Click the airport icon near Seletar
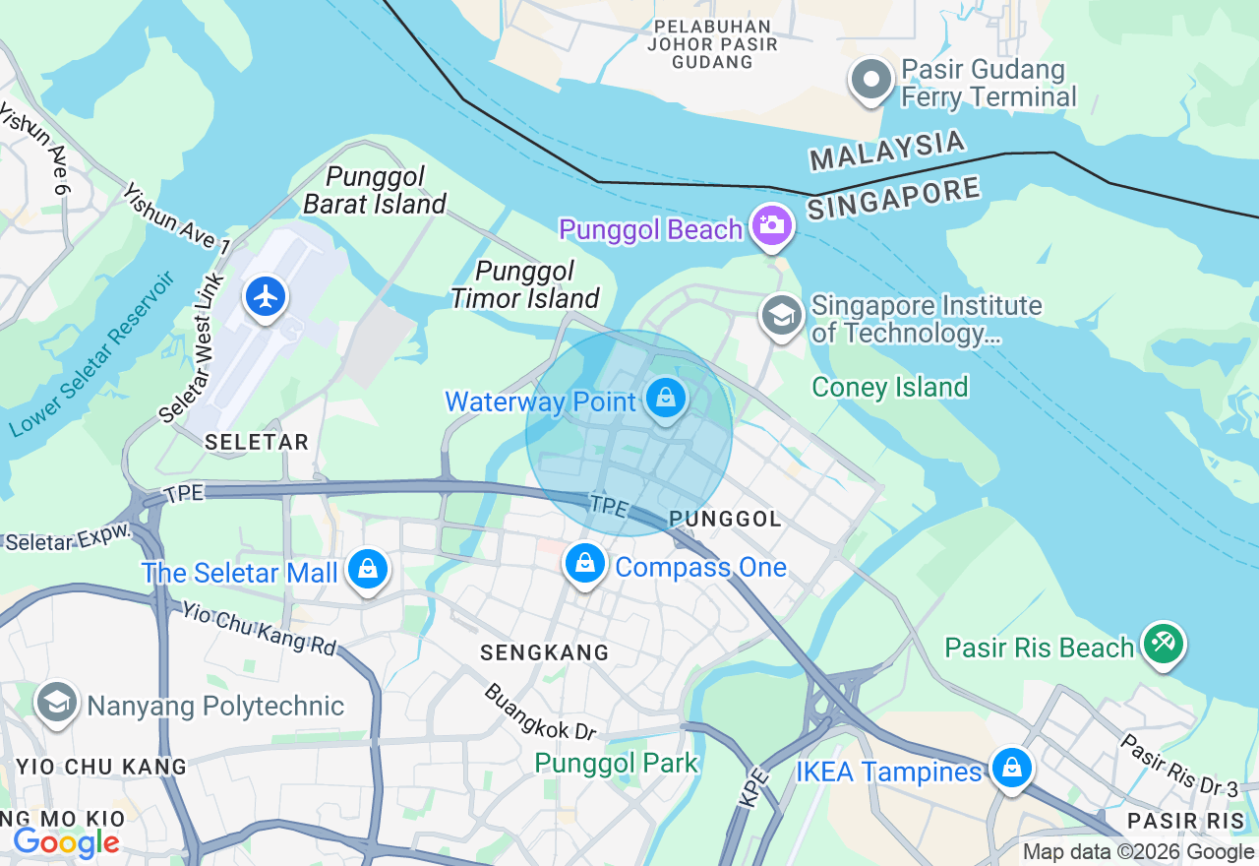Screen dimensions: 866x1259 pos(266,296)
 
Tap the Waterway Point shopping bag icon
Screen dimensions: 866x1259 pos(666,399)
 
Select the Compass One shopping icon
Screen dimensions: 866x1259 pos(585,564)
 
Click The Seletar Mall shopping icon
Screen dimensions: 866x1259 pos(367,570)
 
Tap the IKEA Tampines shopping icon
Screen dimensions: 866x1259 pos(1011,768)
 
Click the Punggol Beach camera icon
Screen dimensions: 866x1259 pos(772,226)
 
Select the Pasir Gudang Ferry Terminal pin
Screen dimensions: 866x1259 pos(870,81)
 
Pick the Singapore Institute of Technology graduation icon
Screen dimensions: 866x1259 pos(782,316)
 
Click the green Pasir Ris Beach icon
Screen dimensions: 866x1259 pos(1164,644)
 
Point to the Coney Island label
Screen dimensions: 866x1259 pos(890,387)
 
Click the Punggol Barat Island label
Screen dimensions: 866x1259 pos(375,190)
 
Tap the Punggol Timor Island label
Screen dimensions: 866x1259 pos(525,284)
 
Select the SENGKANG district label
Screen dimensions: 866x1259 pos(544,651)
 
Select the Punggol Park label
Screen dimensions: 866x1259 pos(617,763)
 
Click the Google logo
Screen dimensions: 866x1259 pos(66,842)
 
